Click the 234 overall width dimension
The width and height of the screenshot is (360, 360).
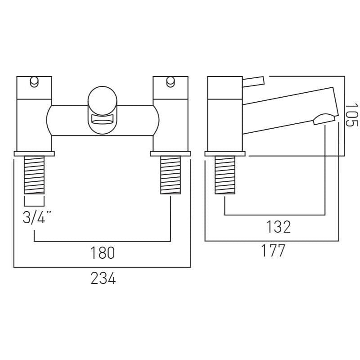pyautogui.click(x=103, y=278)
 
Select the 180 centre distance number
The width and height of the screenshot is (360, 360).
pyautogui.click(x=103, y=253)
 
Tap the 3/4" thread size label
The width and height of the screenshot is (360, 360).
pyautogui.click(x=37, y=217)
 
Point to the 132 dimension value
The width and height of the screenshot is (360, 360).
pyautogui.click(x=279, y=227)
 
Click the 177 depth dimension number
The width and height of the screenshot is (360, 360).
pyautogui.click(x=273, y=251)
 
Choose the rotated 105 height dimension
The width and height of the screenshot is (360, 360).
pyautogui.click(x=351, y=115)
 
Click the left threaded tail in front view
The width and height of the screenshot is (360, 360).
pyautogui.click(x=34, y=175)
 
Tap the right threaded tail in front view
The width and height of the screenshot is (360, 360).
pyautogui.click(x=171, y=175)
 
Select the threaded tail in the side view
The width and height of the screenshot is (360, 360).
pyautogui.click(x=225, y=175)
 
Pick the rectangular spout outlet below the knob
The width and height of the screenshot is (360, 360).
pyautogui.click(x=103, y=119)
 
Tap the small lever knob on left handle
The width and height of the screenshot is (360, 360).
pyautogui.click(x=35, y=82)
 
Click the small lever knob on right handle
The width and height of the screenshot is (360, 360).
pyautogui.click(x=171, y=82)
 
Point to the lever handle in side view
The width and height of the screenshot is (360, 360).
pyautogui.click(x=253, y=82)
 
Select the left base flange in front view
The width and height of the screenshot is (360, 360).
pyautogui.click(x=34, y=153)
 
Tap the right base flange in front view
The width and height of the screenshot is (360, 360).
pyautogui.click(x=171, y=153)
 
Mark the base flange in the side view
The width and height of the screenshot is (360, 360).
pyautogui.click(x=225, y=153)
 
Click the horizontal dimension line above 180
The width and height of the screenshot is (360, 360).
pyautogui.click(x=103, y=241)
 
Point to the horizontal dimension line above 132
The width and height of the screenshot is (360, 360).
pyautogui.click(x=275, y=215)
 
